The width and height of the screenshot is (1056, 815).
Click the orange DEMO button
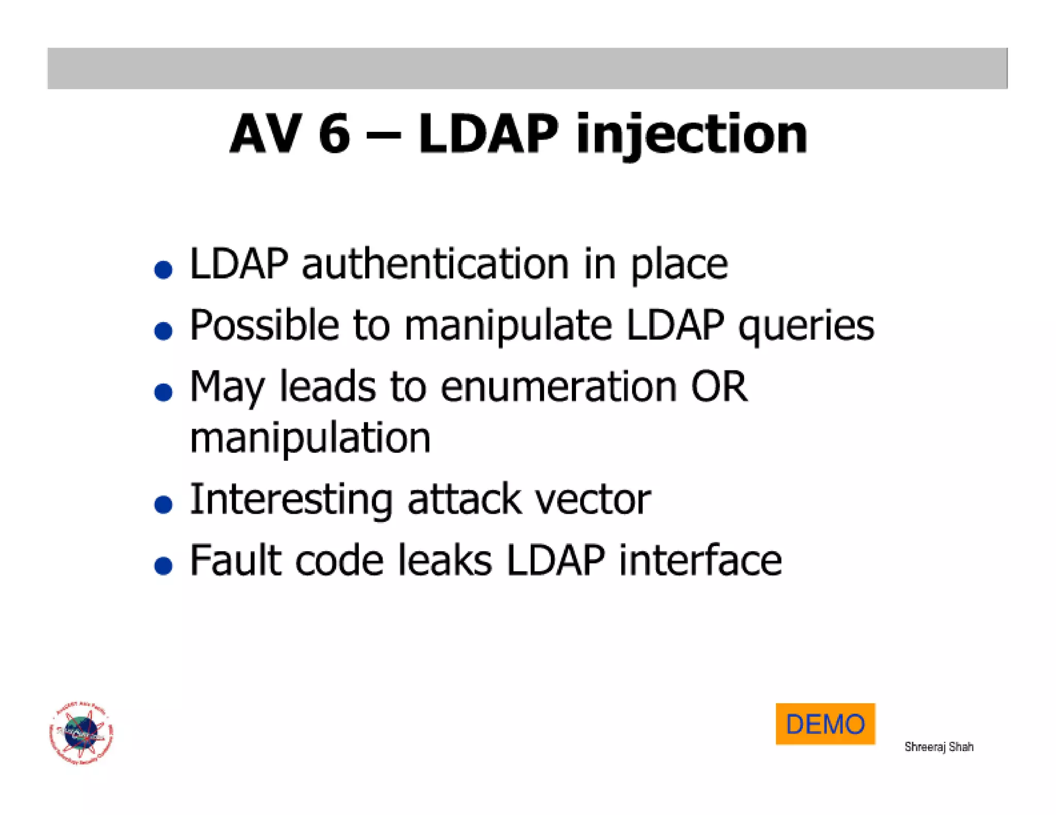(x=824, y=723)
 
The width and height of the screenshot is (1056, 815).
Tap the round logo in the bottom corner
(x=81, y=732)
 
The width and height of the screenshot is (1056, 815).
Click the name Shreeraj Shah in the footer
(x=938, y=746)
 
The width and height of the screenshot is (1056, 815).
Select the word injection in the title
(x=691, y=135)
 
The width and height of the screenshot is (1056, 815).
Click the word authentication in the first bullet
(x=435, y=264)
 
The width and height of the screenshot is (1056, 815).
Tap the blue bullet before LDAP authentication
(x=163, y=269)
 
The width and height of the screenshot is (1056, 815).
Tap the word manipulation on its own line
(x=310, y=438)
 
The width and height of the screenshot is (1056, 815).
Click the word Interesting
(x=291, y=500)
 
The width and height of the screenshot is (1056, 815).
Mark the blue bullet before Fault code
(x=163, y=566)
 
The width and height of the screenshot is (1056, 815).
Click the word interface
(x=700, y=561)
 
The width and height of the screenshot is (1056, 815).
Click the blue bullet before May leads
(x=163, y=392)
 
